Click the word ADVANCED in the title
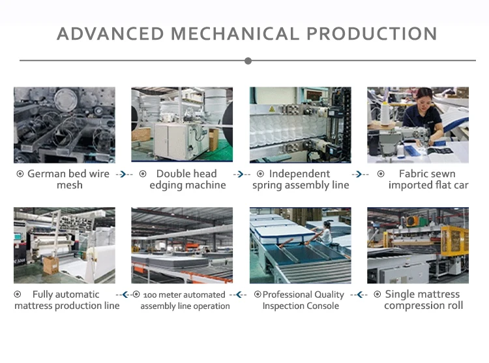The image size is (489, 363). point(110,34)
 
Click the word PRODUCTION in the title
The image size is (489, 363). point(372,34)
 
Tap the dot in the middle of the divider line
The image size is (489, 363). point(248,61)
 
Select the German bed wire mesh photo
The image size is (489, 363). point(65,125)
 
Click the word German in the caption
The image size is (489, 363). point(46,173)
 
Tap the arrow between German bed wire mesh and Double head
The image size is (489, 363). point(124,174)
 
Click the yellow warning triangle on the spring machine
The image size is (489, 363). point(272,109)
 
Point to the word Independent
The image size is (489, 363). point(299,173)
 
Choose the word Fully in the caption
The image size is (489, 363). point(42,295)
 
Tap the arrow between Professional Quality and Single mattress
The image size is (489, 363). point(359,295)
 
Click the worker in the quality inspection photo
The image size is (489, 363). point(325,233)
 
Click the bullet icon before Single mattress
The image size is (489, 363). point(377,294)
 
